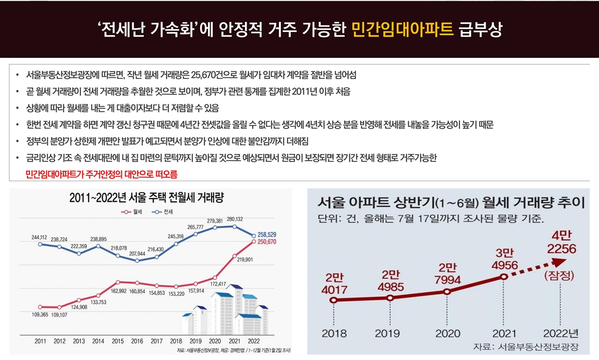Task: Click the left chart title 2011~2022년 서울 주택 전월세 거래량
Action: click(147, 198)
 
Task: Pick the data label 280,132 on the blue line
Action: click(235, 219)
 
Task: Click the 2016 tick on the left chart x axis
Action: click(136, 342)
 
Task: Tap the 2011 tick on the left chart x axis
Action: click(41, 342)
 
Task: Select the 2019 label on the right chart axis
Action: click(390, 334)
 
